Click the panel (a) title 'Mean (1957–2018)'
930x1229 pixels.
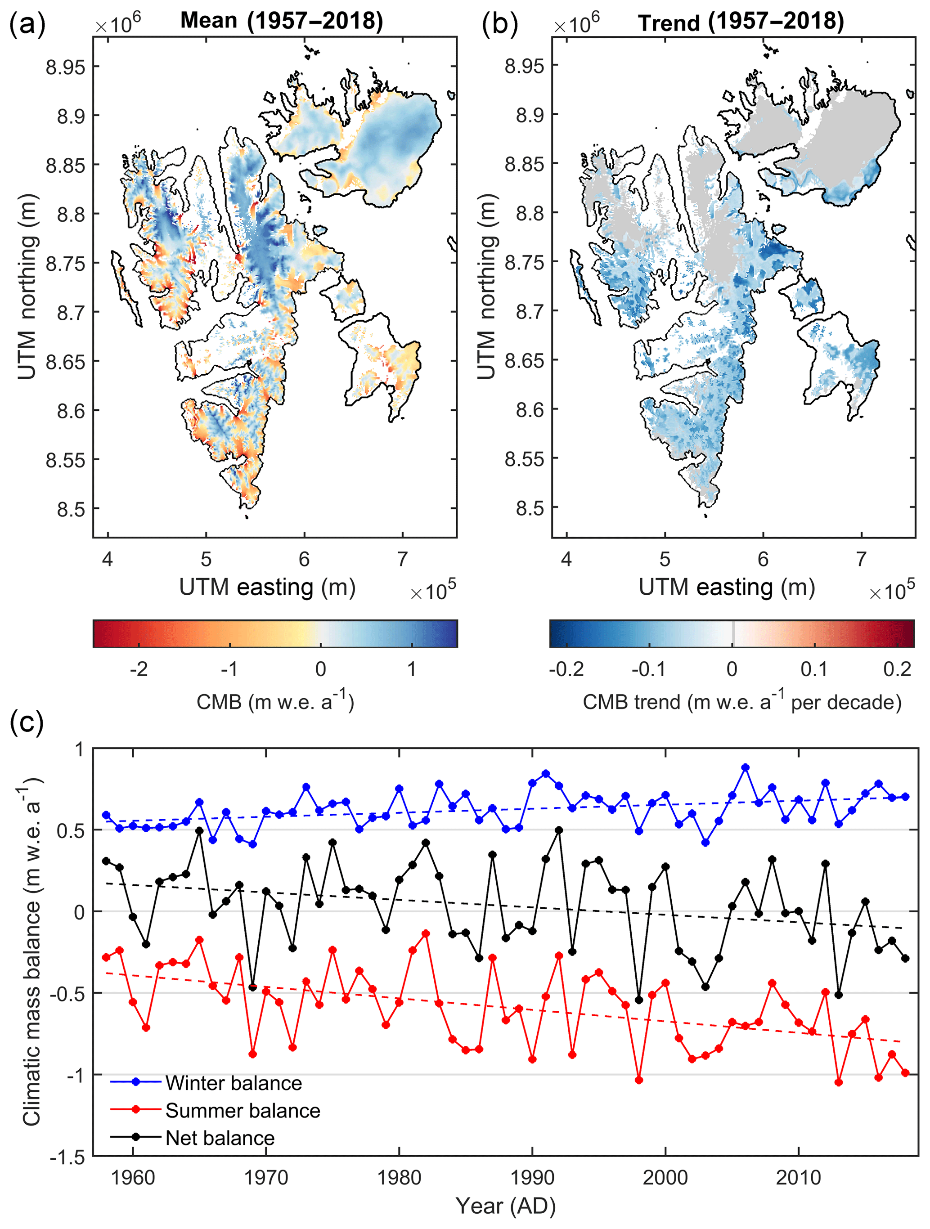282,21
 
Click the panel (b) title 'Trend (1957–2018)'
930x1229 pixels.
741,22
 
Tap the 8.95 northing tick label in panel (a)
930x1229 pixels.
66,67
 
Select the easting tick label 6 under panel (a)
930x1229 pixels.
304,559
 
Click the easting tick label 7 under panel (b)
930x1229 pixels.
861,559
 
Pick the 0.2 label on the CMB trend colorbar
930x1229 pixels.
897,669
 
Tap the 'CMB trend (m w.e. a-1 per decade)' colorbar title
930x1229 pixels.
741,702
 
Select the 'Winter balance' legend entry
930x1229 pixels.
234,1083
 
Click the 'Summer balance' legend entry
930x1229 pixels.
243,1111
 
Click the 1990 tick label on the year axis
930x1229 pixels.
532,1178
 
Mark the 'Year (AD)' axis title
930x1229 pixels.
506,1206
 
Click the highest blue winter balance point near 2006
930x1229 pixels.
746,767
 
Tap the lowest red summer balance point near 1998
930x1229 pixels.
639,1080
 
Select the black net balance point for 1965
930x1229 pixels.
199,830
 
